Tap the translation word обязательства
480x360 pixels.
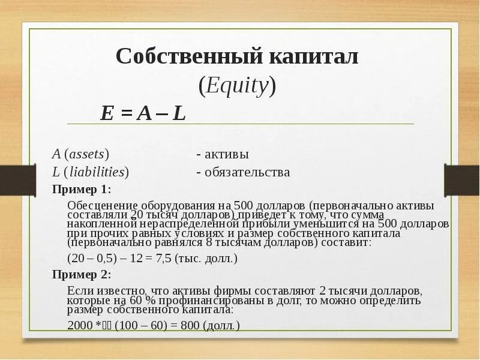pyautogui.click(x=247, y=172)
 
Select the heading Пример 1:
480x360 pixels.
pyautogui.click(x=82, y=190)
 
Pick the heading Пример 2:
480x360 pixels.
pyautogui.click(x=82, y=275)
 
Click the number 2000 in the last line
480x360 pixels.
pyautogui.click(x=80, y=326)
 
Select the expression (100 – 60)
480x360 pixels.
pyautogui.click(x=141, y=326)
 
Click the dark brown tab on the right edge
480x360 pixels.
pyautogui.click(x=462, y=179)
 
